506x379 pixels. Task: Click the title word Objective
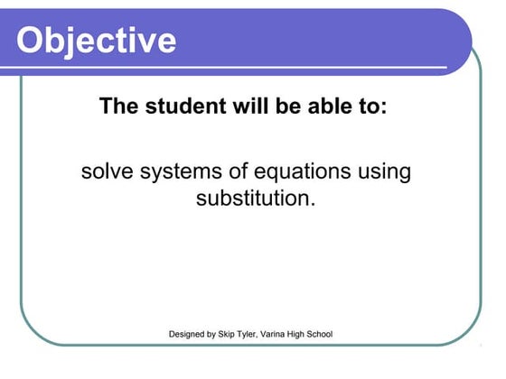point(97,40)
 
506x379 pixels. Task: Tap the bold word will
point(239,106)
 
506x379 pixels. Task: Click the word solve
point(106,171)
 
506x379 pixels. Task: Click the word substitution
point(256,198)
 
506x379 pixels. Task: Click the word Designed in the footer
point(189,335)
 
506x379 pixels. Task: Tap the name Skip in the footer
point(236,335)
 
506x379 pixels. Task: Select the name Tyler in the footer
point(260,335)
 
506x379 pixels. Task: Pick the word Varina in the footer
point(293,335)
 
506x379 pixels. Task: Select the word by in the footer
point(218,335)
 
